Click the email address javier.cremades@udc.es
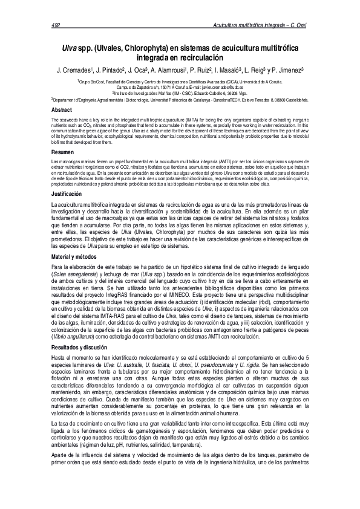pyautogui.click(x=213, y=87)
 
